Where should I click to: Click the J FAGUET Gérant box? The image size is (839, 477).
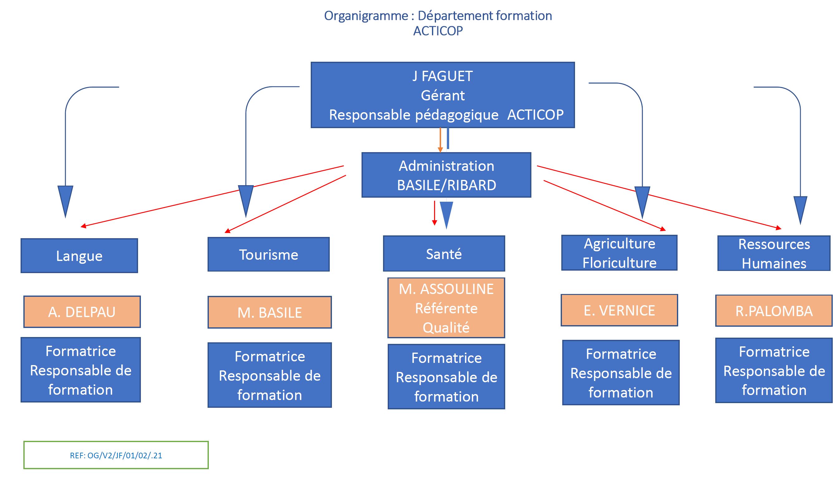click(443, 95)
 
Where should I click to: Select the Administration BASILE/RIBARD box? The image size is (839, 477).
click(446, 175)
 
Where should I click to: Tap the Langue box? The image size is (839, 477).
click(79, 256)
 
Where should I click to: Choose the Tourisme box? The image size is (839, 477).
click(269, 254)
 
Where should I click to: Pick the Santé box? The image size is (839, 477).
click(444, 253)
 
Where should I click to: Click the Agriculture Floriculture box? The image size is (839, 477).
click(619, 253)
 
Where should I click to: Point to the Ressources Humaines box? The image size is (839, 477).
click(774, 253)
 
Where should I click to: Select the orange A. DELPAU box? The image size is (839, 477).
click(82, 312)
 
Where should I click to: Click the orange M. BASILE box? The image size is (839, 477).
click(270, 312)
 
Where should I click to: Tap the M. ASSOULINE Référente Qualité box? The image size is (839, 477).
click(446, 308)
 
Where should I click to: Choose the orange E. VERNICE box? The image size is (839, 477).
click(619, 310)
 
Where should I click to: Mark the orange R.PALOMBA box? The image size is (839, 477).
click(774, 311)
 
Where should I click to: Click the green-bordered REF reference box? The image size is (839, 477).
click(116, 455)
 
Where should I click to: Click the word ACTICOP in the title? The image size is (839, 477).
click(438, 31)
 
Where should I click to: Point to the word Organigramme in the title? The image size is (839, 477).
click(366, 16)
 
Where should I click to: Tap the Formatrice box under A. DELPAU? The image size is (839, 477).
click(80, 370)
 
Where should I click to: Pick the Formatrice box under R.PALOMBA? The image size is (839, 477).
click(774, 370)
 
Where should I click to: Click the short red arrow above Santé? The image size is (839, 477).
click(434, 213)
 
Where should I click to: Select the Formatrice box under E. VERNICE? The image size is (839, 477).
click(621, 373)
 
